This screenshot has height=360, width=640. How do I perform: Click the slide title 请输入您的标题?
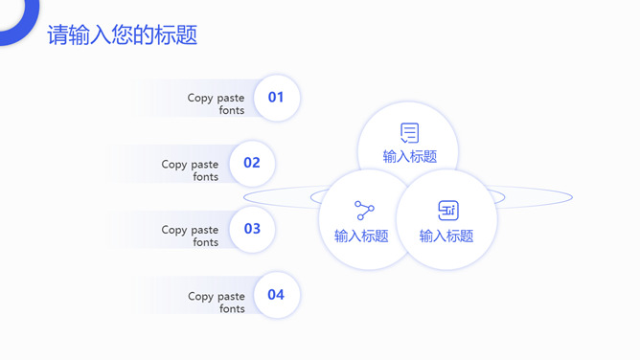click(x=123, y=35)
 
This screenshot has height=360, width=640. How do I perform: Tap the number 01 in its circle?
click(x=276, y=97)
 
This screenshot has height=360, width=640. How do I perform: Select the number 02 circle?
click(x=251, y=163)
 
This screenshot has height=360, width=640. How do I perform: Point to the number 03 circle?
click(x=252, y=229)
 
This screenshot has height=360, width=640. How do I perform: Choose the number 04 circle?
click(x=276, y=295)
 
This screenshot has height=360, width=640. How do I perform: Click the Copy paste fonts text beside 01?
click(x=217, y=103)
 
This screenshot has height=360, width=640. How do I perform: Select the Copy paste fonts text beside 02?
click(x=191, y=170)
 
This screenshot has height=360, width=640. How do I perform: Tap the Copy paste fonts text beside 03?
click(x=191, y=236)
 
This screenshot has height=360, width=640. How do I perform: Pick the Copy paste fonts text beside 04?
click(x=217, y=303)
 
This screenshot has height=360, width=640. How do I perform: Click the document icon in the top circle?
click(x=409, y=133)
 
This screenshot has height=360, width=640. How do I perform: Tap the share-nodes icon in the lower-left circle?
click(x=364, y=211)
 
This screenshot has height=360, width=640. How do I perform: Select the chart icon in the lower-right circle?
click(x=447, y=211)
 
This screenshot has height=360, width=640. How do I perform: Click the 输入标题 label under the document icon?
click(x=410, y=157)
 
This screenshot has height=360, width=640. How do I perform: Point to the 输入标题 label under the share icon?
click(x=361, y=236)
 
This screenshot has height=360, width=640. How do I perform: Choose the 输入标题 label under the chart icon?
click(x=446, y=236)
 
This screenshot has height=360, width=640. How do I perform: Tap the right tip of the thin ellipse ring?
click(x=572, y=197)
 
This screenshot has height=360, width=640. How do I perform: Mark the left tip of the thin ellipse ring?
click(x=244, y=197)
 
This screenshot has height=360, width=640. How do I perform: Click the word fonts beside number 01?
click(x=232, y=110)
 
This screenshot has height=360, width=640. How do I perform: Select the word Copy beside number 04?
click(x=201, y=297)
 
